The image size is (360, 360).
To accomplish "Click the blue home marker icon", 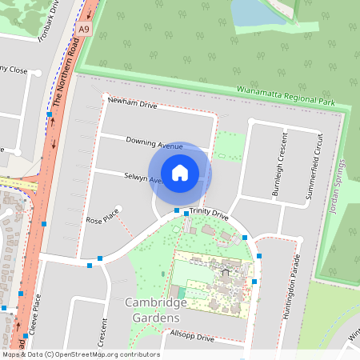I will click(x=180, y=172).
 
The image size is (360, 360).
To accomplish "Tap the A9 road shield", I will click(x=85, y=30).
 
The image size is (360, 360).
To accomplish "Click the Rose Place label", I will click(x=102, y=217).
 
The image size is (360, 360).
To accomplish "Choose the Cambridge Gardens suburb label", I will click(x=152, y=310).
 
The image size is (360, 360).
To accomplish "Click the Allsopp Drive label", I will click(x=192, y=338).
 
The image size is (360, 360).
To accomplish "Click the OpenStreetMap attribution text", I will click(x=80, y=354).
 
